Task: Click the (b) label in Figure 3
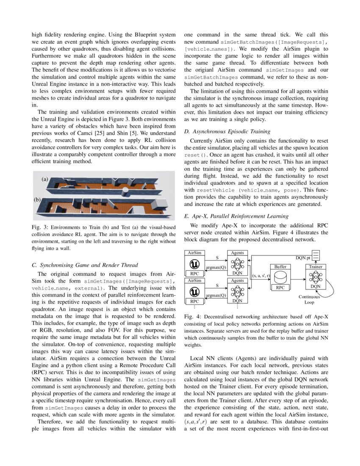[x=37, y=199]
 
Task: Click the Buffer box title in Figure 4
[x=280, y=266]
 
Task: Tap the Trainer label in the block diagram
[x=316, y=266]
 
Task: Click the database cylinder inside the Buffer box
[x=280, y=278]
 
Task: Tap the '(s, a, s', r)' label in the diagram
[x=261, y=275]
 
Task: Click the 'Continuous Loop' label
[x=309, y=300]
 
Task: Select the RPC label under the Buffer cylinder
[x=280, y=288]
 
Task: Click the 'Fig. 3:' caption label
[x=40, y=227]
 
